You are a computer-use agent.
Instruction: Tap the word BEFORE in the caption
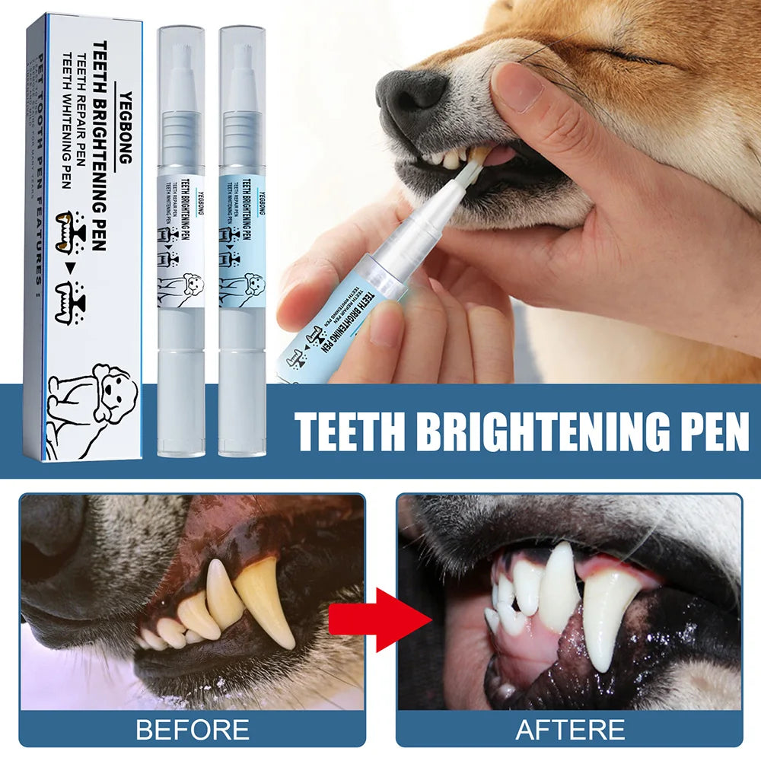[x=192, y=730]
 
